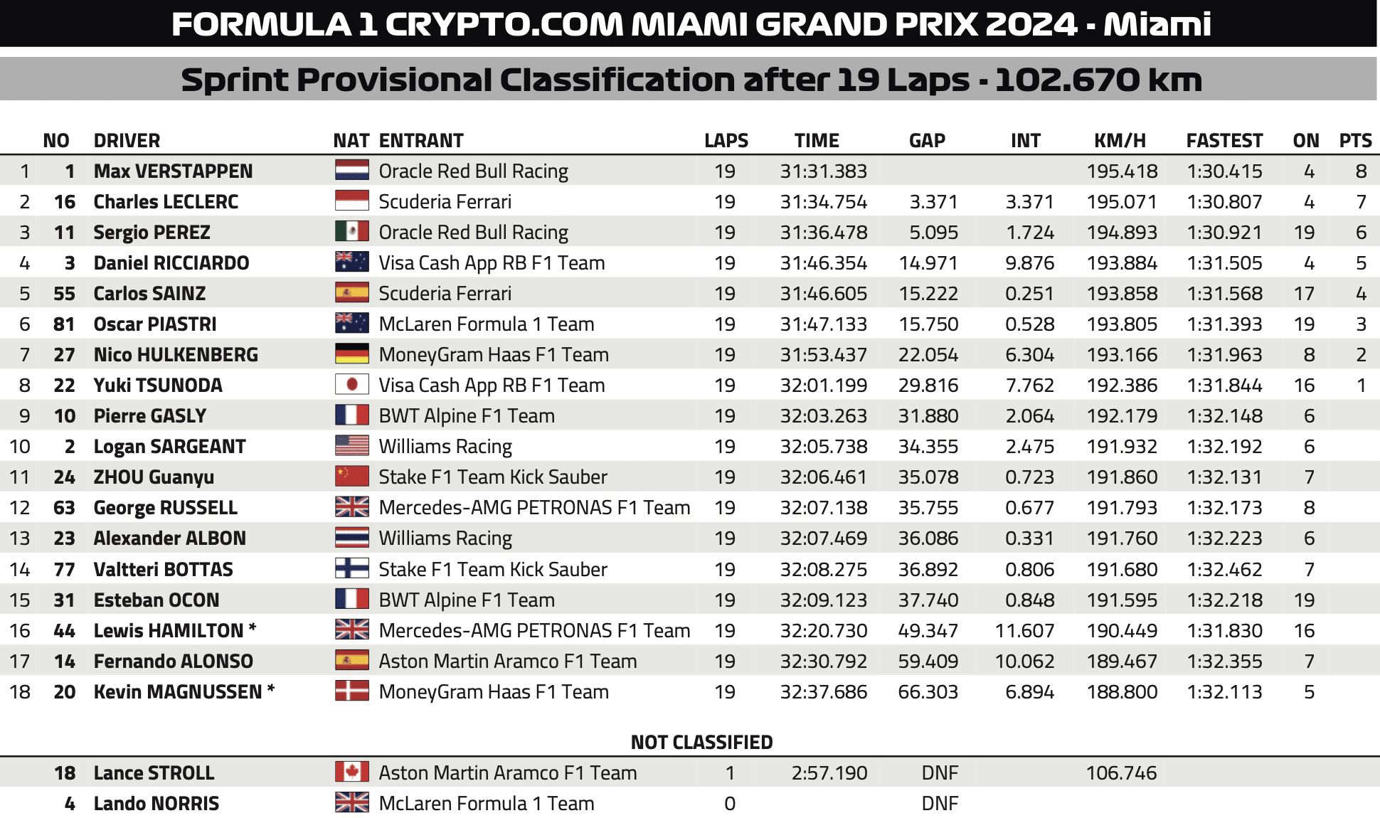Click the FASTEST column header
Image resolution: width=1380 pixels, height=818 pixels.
(x=1224, y=141)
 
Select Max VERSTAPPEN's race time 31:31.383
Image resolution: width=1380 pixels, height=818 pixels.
(x=823, y=171)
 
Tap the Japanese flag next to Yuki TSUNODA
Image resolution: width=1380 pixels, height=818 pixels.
(x=351, y=385)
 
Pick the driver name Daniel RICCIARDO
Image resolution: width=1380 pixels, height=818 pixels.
(x=171, y=263)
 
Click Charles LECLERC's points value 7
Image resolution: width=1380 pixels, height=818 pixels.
(x=1361, y=202)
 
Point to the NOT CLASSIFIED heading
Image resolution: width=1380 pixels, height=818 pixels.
(x=701, y=743)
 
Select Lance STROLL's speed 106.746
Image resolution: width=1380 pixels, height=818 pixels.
(x=1122, y=773)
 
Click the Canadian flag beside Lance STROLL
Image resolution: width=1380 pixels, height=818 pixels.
(x=351, y=772)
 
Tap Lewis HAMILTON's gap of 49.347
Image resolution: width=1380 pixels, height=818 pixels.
(x=928, y=631)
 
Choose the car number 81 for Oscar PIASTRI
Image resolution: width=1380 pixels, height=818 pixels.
(x=64, y=324)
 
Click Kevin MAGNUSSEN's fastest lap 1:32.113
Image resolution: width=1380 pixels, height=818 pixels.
(x=1224, y=692)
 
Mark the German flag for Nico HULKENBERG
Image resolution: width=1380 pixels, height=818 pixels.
(x=351, y=354)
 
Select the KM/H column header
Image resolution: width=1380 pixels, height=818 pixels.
(x=1120, y=141)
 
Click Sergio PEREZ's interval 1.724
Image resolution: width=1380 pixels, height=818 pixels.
(x=1029, y=233)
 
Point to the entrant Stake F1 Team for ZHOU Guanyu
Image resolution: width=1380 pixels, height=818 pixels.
(x=493, y=477)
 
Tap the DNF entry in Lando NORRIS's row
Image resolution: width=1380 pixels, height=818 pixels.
(x=940, y=804)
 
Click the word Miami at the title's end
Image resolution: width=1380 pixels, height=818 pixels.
(x=1157, y=24)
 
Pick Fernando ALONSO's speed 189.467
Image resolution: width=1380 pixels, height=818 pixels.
(x=1122, y=662)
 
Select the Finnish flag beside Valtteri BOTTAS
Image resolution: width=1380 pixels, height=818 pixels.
(x=351, y=568)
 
